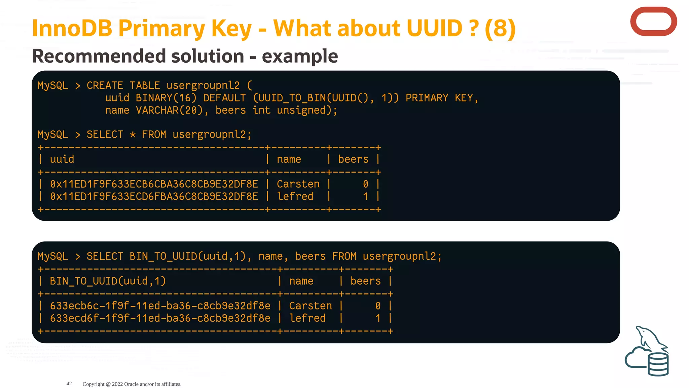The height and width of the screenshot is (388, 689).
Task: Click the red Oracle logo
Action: (653, 22)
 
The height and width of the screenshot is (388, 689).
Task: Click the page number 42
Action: (69, 384)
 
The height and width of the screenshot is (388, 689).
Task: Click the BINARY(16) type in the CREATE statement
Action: (166, 98)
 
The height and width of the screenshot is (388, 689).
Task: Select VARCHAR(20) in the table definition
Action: (169, 110)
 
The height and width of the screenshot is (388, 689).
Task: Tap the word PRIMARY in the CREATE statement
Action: (427, 98)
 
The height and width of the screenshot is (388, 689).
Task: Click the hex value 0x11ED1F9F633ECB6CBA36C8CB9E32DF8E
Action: (154, 184)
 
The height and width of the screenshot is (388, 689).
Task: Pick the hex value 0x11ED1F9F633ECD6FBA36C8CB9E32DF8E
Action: (154, 197)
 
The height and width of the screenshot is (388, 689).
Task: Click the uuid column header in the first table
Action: (62, 159)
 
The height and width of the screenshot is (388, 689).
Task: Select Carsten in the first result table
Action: (298, 184)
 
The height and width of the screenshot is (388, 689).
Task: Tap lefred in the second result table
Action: (307, 318)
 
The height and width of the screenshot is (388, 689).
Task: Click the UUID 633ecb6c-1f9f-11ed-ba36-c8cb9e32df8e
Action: (160, 306)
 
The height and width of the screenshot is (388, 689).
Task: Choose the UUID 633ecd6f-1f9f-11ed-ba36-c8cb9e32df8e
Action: (160, 318)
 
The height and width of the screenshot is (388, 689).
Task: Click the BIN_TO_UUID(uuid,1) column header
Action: (108, 281)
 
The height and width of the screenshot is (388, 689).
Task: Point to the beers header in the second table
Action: (365, 281)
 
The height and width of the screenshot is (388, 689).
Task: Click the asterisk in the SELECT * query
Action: (133, 135)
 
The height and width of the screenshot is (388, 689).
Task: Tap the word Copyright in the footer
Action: (94, 384)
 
